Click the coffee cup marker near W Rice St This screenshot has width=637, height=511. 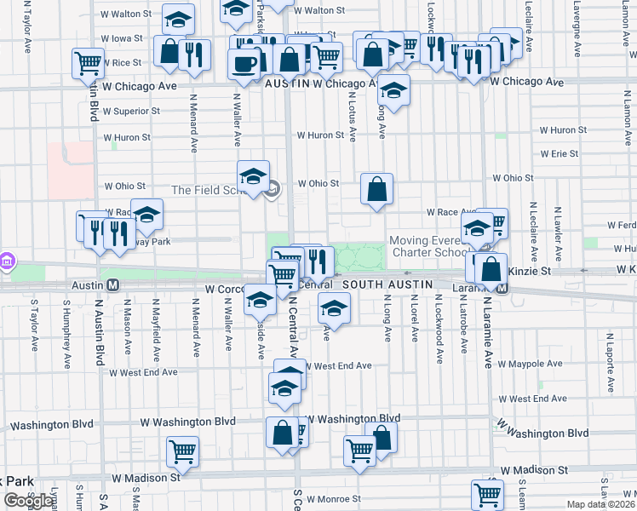pyautogui.click(x=244, y=65)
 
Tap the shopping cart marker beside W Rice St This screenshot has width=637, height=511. pyautogui.click(x=88, y=62)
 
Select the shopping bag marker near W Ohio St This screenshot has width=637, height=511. pyautogui.click(x=376, y=189)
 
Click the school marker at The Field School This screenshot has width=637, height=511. pyautogui.click(x=253, y=176)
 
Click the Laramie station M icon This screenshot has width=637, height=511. pyautogui.click(x=502, y=287)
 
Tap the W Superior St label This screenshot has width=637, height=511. pyautogui.click(x=131, y=111)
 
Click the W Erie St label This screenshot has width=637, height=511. pyautogui.click(x=559, y=154)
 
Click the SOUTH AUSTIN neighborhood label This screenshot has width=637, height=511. pyautogui.click(x=387, y=284)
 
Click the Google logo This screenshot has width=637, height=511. pyautogui.click(x=28, y=501)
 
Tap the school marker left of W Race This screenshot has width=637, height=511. pyautogui.click(x=146, y=216)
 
